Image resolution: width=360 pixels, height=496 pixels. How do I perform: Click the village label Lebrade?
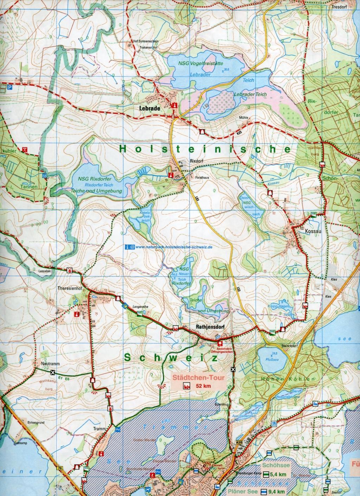point(149,109)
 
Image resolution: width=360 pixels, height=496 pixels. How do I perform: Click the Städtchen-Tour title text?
point(198,379)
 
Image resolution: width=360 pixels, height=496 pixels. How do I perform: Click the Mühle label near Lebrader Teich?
point(244,118)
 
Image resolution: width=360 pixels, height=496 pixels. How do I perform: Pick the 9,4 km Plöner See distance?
point(276,492)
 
